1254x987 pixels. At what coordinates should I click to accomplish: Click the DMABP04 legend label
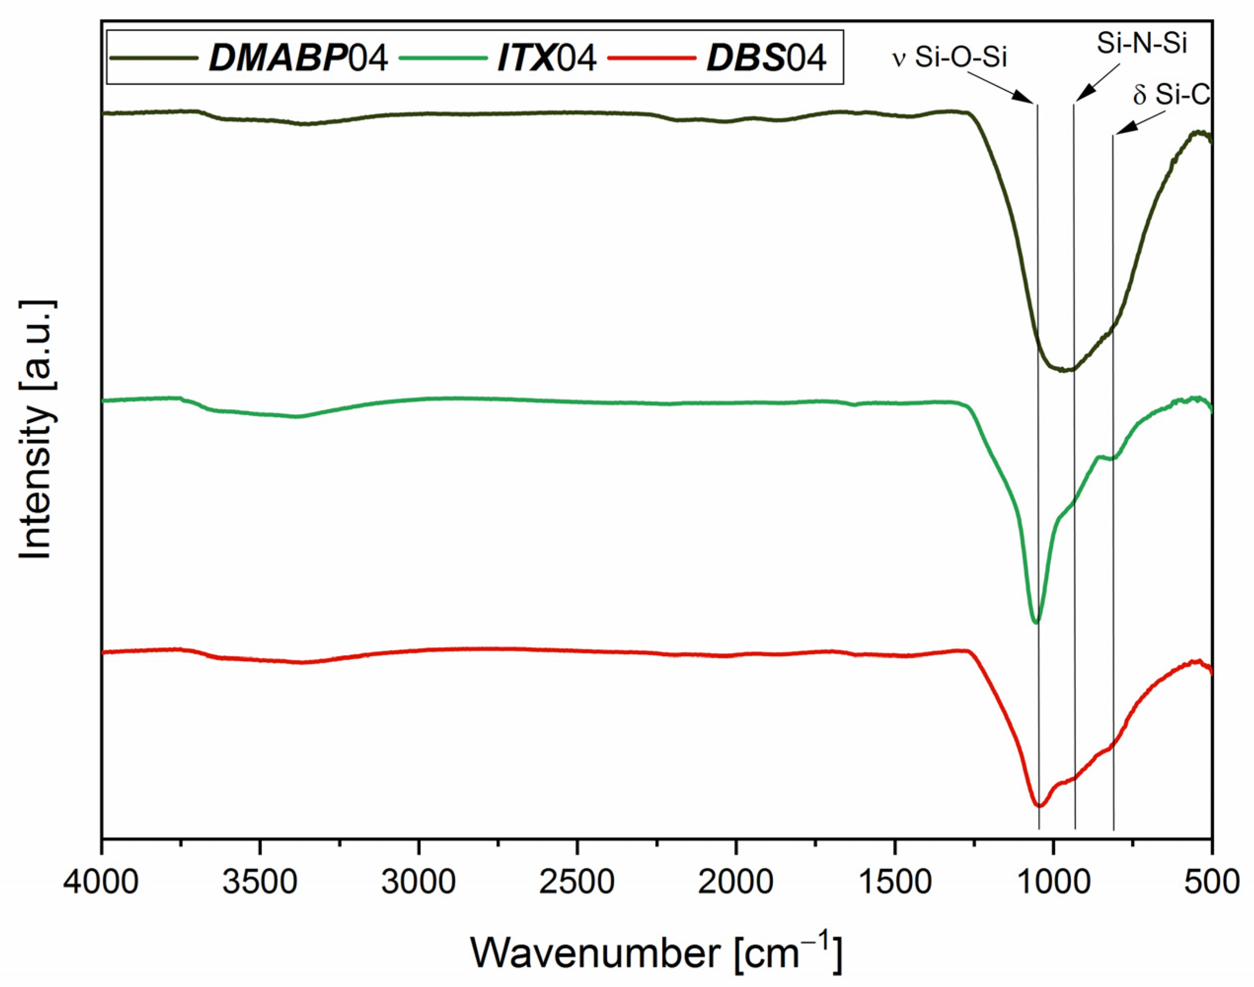click(298, 58)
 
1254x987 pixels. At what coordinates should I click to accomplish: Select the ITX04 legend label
click(547, 58)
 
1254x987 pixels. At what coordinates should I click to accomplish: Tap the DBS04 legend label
click(766, 58)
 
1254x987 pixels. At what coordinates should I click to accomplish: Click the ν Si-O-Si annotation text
click(950, 58)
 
